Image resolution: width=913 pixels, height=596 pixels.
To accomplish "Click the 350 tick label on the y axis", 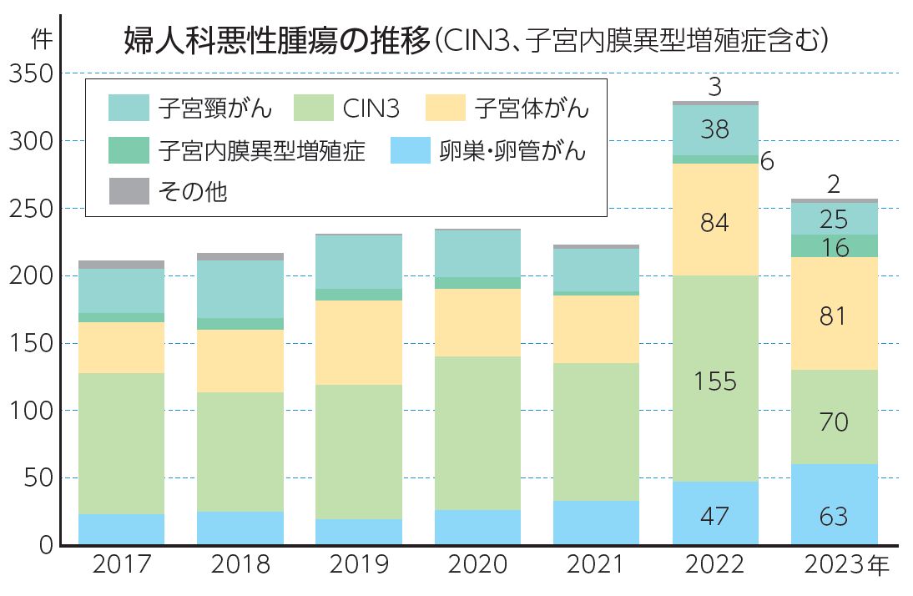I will pos(30,74).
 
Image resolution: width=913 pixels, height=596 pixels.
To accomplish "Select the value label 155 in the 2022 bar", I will pos(715,381).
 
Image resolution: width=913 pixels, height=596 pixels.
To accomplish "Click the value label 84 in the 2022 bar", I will pos(715,223).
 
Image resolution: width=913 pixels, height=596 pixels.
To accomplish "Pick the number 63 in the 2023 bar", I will pos(834,517).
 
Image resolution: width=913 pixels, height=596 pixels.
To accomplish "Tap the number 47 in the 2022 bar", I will pos(715,517).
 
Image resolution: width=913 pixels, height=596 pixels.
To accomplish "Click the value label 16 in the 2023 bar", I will pos(834,248).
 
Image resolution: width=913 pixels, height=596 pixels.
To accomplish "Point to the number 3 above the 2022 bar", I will pos(714,87).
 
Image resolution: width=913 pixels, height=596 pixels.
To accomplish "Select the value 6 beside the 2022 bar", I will pos(767,161).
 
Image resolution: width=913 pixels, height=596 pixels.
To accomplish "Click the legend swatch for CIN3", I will pos(315,108).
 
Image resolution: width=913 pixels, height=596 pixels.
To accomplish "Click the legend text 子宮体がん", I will pos(532,108).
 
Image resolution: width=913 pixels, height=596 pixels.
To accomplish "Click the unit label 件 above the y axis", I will pos(38,38).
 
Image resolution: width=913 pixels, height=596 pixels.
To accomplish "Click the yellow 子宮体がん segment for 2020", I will pos(477,322).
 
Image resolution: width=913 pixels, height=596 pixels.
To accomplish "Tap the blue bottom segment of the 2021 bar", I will pos(596,523).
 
